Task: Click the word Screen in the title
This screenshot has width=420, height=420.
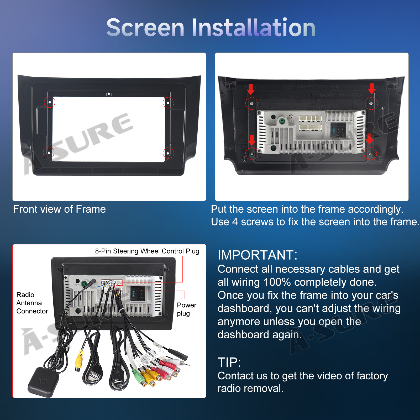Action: pos(145,28)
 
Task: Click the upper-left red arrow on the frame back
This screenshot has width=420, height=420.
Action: pos(251,90)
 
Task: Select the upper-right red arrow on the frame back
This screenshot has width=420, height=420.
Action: pos(372,89)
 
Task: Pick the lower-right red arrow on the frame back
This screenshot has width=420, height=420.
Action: pos(370,139)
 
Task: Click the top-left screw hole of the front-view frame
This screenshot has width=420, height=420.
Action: pos(49,102)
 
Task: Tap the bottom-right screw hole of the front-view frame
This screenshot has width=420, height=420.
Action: pos(168,153)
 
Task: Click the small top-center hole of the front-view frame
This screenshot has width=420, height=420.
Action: pos(109,94)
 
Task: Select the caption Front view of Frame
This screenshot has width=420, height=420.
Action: pos(60,209)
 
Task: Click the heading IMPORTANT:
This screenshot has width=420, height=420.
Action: pos(258,255)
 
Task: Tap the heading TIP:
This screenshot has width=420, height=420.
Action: pos(229,362)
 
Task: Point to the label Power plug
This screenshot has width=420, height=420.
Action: pos(187,309)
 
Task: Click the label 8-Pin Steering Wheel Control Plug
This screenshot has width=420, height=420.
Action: pos(147,251)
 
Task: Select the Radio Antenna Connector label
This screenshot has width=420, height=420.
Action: pos(32,303)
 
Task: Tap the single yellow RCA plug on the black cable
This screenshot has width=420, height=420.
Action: pos(79,360)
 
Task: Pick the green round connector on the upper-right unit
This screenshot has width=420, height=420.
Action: pos(282,121)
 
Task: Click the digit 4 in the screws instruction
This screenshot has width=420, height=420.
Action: pos(235,222)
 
